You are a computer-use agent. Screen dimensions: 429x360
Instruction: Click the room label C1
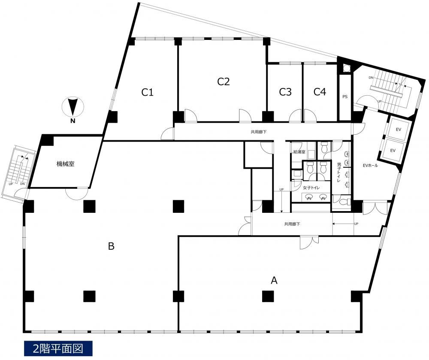pyautogui.click(x=147, y=92)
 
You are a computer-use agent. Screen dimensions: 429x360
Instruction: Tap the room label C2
pyautogui.click(x=223, y=81)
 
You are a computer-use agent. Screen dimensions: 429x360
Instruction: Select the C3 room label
pyautogui.click(x=285, y=92)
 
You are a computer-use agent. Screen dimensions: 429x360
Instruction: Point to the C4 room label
pyautogui.click(x=320, y=92)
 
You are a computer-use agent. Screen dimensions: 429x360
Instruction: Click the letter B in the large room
pyautogui.click(x=111, y=246)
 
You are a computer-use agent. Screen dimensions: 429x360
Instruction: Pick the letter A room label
pyautogui.click(x=274, y=280)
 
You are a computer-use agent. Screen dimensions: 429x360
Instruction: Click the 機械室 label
pyautogui.click(x=65, y=164)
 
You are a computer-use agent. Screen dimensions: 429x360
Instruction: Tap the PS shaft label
pyautogui.click(x=345, y=97)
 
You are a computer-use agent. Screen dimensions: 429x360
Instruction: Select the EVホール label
pyautogui.click(x=370, y=165)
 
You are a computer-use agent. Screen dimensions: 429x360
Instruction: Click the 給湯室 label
pyautogui.click(x=299, y=152)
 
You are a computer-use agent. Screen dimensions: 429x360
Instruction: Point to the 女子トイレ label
pyautogui.click(x=311, y=188)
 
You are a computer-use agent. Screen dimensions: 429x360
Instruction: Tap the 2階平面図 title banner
pyautogui.click(x=58, y=348)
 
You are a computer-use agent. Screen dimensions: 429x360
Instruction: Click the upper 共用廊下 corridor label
pyautogui.click(x=259, y=132)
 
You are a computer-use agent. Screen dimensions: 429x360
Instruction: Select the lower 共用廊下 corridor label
pyautogui.click(x=292, y=224)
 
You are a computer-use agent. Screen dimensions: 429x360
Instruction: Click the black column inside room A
pyautogui.click(x=268, y=296)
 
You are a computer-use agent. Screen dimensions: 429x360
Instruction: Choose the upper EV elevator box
pyautogui.click(x=398, y=129)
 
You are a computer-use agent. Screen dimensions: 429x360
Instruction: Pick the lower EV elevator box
pyautogui.click(x=393, y=150)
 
